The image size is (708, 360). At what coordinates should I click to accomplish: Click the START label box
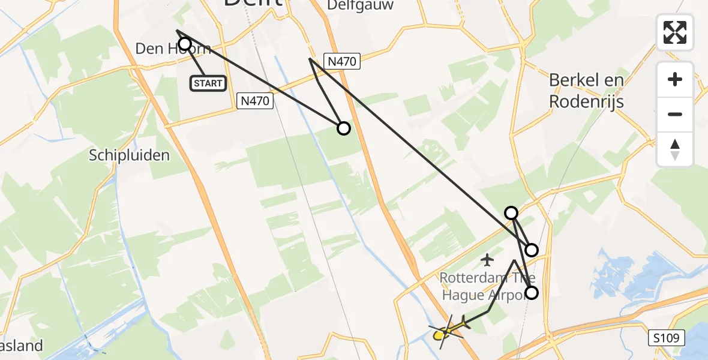(x=208, y=83)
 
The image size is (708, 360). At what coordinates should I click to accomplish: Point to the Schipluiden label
(x=129, y=155)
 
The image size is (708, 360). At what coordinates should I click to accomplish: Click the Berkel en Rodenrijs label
(x=586, y=91)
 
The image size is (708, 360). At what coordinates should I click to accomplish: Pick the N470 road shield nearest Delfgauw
(x=342, y=61)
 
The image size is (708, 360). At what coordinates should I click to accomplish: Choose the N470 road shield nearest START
(x=256, y=101)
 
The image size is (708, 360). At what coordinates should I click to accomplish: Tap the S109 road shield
(x=667, y=339)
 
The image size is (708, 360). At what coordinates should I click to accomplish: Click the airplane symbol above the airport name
(x=487, y=260)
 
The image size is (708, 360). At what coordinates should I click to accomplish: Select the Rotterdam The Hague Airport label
(x=487, y=286)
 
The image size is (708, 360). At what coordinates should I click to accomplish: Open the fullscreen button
(x=675, y=32)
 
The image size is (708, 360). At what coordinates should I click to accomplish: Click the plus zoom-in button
(x=675, y=79)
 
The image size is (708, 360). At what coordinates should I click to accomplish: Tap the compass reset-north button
(x=675, y=149)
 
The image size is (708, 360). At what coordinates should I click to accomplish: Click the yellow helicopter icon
(x=448, y=331)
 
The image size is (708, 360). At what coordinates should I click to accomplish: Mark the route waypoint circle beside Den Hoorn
(x=185, y=44)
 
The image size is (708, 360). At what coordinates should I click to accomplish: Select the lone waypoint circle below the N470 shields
(x=344, y=128)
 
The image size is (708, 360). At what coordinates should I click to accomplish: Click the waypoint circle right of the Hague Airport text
(x=532, y=293)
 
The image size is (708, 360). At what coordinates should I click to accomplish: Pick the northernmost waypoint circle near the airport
(x=511, y=212)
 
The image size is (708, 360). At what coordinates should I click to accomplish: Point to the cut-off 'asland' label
(x=22, y=346)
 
